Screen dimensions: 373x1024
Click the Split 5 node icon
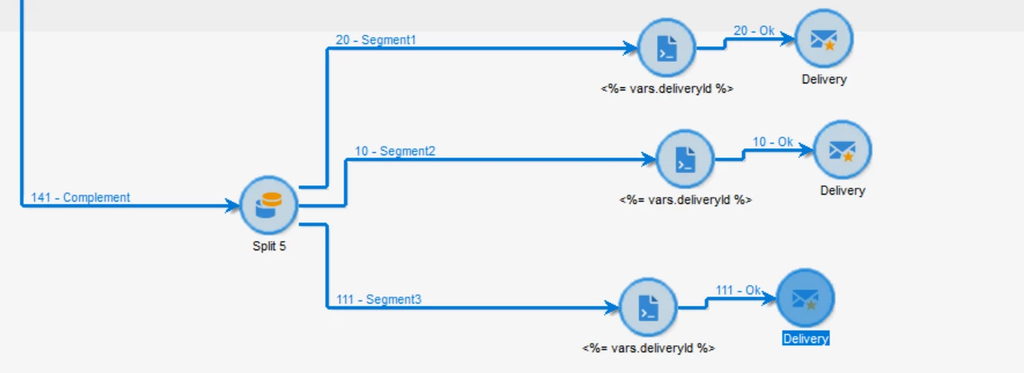pyautogui.click(x=268, y=205)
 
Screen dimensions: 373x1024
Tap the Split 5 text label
pyautogui.click(x=269, y=247)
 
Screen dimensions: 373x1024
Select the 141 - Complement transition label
pyautogui.click(x=81, y=198)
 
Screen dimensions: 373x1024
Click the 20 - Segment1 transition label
pyautogui.click(x=376, y=39)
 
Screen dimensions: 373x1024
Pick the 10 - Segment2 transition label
pyautogui.click(x=395, y=151)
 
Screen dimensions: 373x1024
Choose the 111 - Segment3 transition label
pyautogui.click(x=379, y=300)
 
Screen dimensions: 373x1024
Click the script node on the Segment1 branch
pyautogui.click(x=667, y=49)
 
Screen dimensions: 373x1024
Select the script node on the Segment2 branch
pyautogui.click(x=685, y=160)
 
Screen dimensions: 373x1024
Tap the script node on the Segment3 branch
pyautogui.click(x=648, y=307)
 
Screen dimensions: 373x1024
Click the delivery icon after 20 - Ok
pyautogui.click(x=824, y=38)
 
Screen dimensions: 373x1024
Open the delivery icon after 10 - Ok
pyautogui.click(x=842, y=149)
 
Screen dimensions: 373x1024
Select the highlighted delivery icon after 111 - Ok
pyautogui.click(x=805, y=297)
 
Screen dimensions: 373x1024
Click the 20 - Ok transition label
pyautogui.click(x=753, y=32)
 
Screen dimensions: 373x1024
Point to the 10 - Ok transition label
pyautogui.click(x=773, y=142)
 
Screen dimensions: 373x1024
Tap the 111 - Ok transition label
pyautogui.click(x=738, y=290)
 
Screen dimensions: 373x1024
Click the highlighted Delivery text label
pyautogui.click(x=805, y=339)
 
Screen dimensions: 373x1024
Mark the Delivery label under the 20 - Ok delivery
pyautogui.click(x=824, y=80)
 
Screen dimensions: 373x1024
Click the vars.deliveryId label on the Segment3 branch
pyautogui.click(x=648, y=348)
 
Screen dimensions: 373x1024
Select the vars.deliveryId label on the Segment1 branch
pyautogui.click(x=667, y=89)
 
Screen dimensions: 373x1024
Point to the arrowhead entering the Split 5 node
pyautogui.click(x=233, y=206)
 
